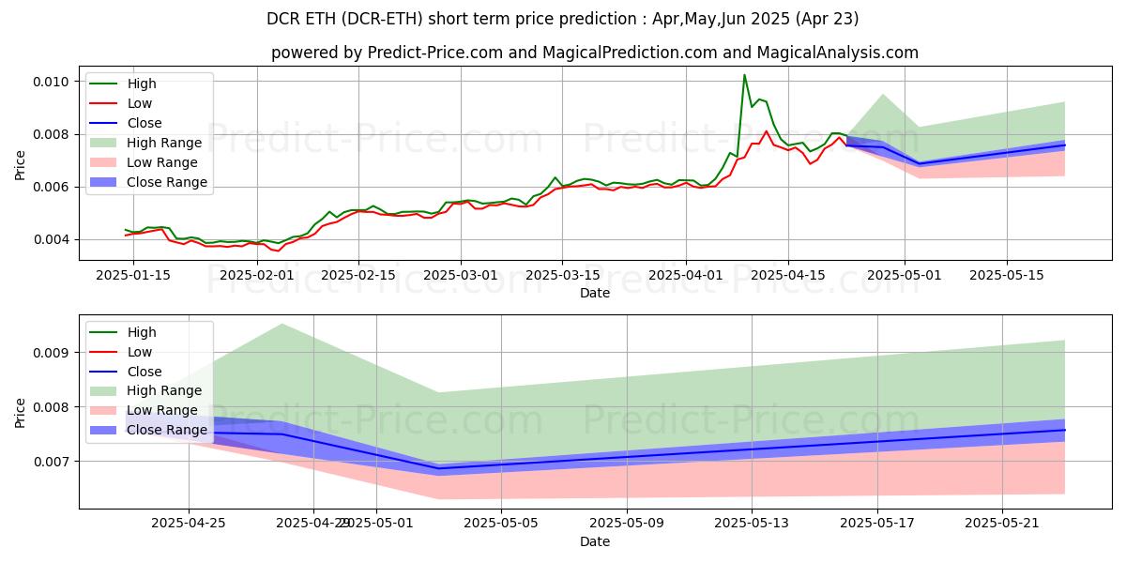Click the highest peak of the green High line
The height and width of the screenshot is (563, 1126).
pos(744,75)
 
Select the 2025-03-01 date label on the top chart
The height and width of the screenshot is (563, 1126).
pos(461,276)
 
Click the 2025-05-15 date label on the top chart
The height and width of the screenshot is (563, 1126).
pos(1007,276)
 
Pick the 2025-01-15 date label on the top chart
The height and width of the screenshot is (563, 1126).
pos(132,276)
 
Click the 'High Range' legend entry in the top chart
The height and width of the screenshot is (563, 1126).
pos(164,143)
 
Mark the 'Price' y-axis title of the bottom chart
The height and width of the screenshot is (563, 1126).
pos(21,412)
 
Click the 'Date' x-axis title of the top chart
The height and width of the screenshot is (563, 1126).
pos(595,293)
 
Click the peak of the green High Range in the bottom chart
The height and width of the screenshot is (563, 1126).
pos(282,324)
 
